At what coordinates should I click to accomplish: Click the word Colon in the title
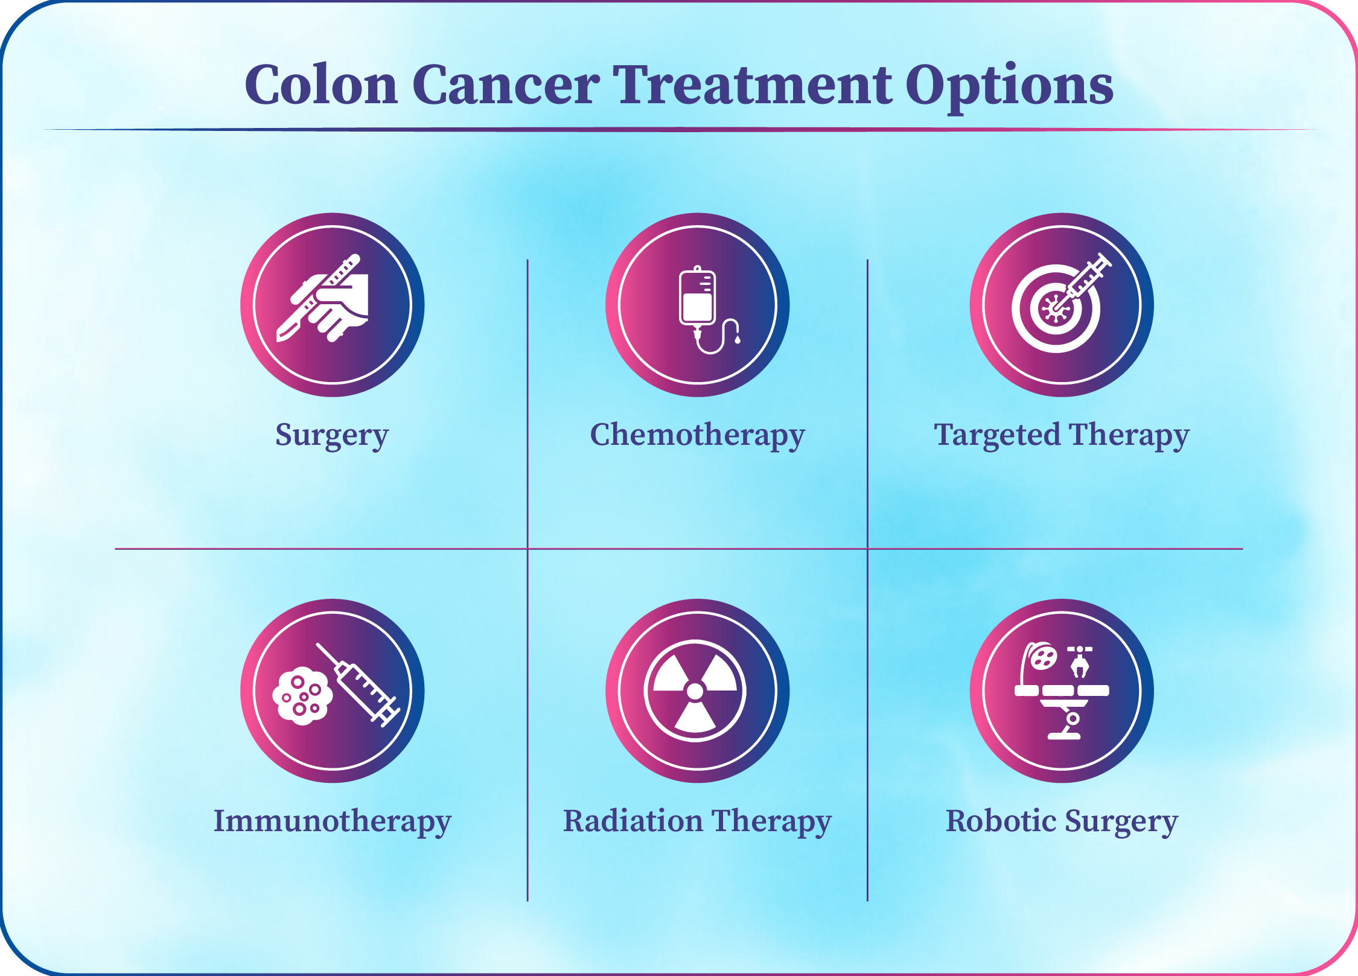[321, 85]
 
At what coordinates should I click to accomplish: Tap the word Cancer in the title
[506, 85]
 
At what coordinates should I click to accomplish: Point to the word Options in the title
[1009, 88]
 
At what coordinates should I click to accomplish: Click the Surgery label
[332, 436]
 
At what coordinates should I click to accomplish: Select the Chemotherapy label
[698, 436]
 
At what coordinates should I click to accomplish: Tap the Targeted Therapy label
[1062, 436]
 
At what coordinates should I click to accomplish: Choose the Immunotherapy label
[333, 822]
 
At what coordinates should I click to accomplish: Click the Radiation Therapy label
[697, 822]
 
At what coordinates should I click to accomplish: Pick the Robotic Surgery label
[1062, 822]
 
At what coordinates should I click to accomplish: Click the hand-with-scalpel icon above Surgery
[323, 298]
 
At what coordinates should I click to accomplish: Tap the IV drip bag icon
[706, 310]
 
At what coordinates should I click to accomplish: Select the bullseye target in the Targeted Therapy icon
[1056, 309]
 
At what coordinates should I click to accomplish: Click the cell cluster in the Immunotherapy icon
[302, 696]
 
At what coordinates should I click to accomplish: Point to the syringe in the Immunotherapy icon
[359, 686]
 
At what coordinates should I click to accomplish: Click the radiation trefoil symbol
[695, 691]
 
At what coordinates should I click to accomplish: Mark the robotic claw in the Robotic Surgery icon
[1080, 662]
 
